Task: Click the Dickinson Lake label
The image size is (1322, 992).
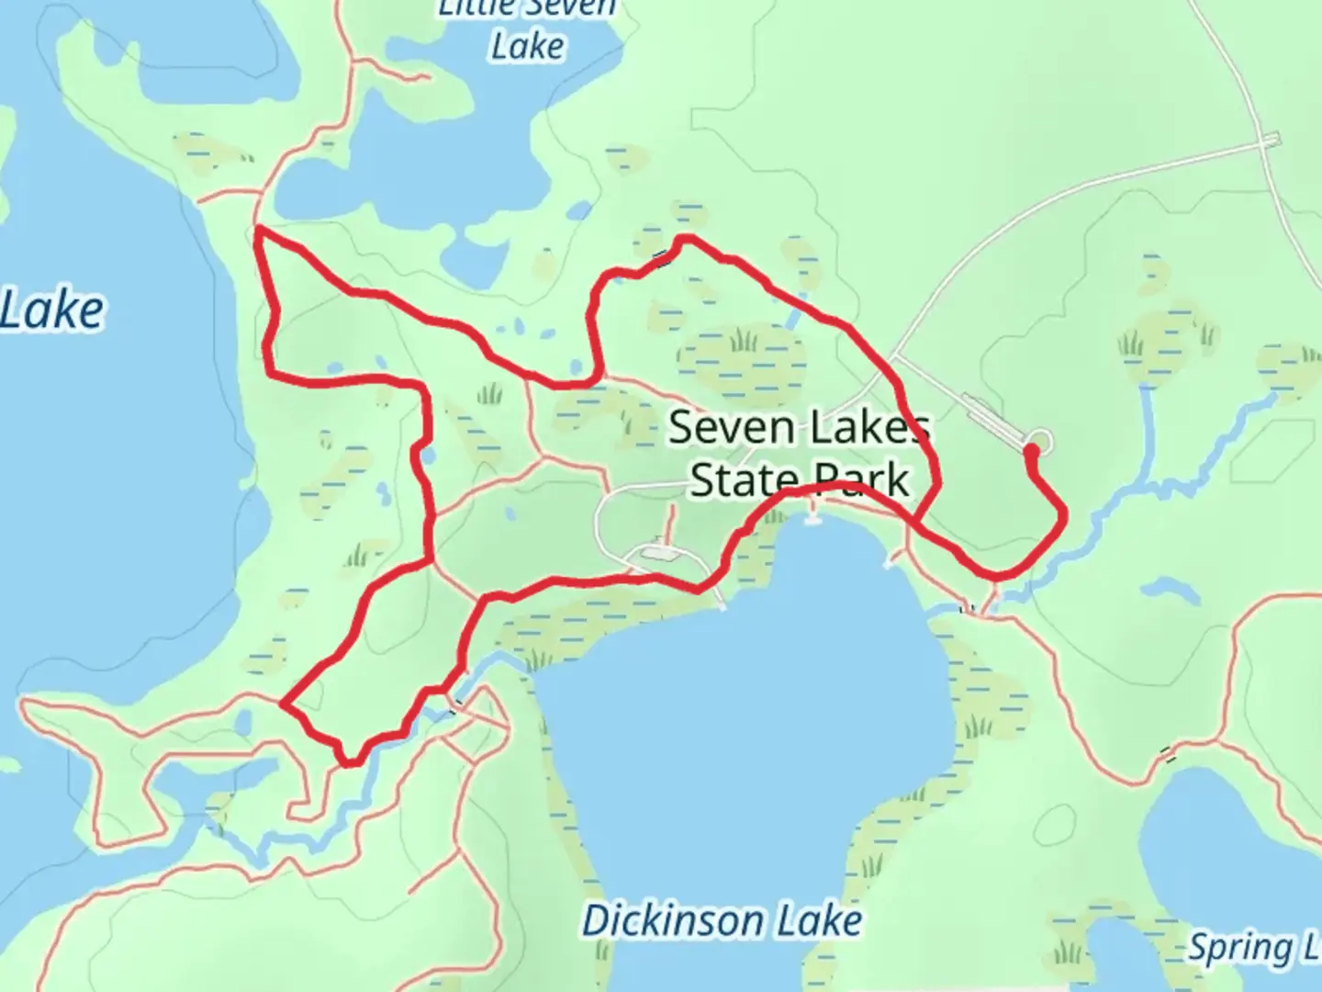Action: pyautogui.click(x=722, y=921)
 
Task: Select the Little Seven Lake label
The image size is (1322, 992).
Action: pyautogui.click(x=527, y=28)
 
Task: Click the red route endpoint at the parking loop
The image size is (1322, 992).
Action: pyautogui.click(x=1030, y=450)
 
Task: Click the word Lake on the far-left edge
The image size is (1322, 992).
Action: pyautogui.click(x=52, y=310)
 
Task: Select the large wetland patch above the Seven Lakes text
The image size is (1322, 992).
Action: pyautogui.click(x=742, y=360)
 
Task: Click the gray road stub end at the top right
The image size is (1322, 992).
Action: pyautogui.click(x=1272, y=140)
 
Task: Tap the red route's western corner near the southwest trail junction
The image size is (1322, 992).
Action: pyautogui.click(x=282, y=705)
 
